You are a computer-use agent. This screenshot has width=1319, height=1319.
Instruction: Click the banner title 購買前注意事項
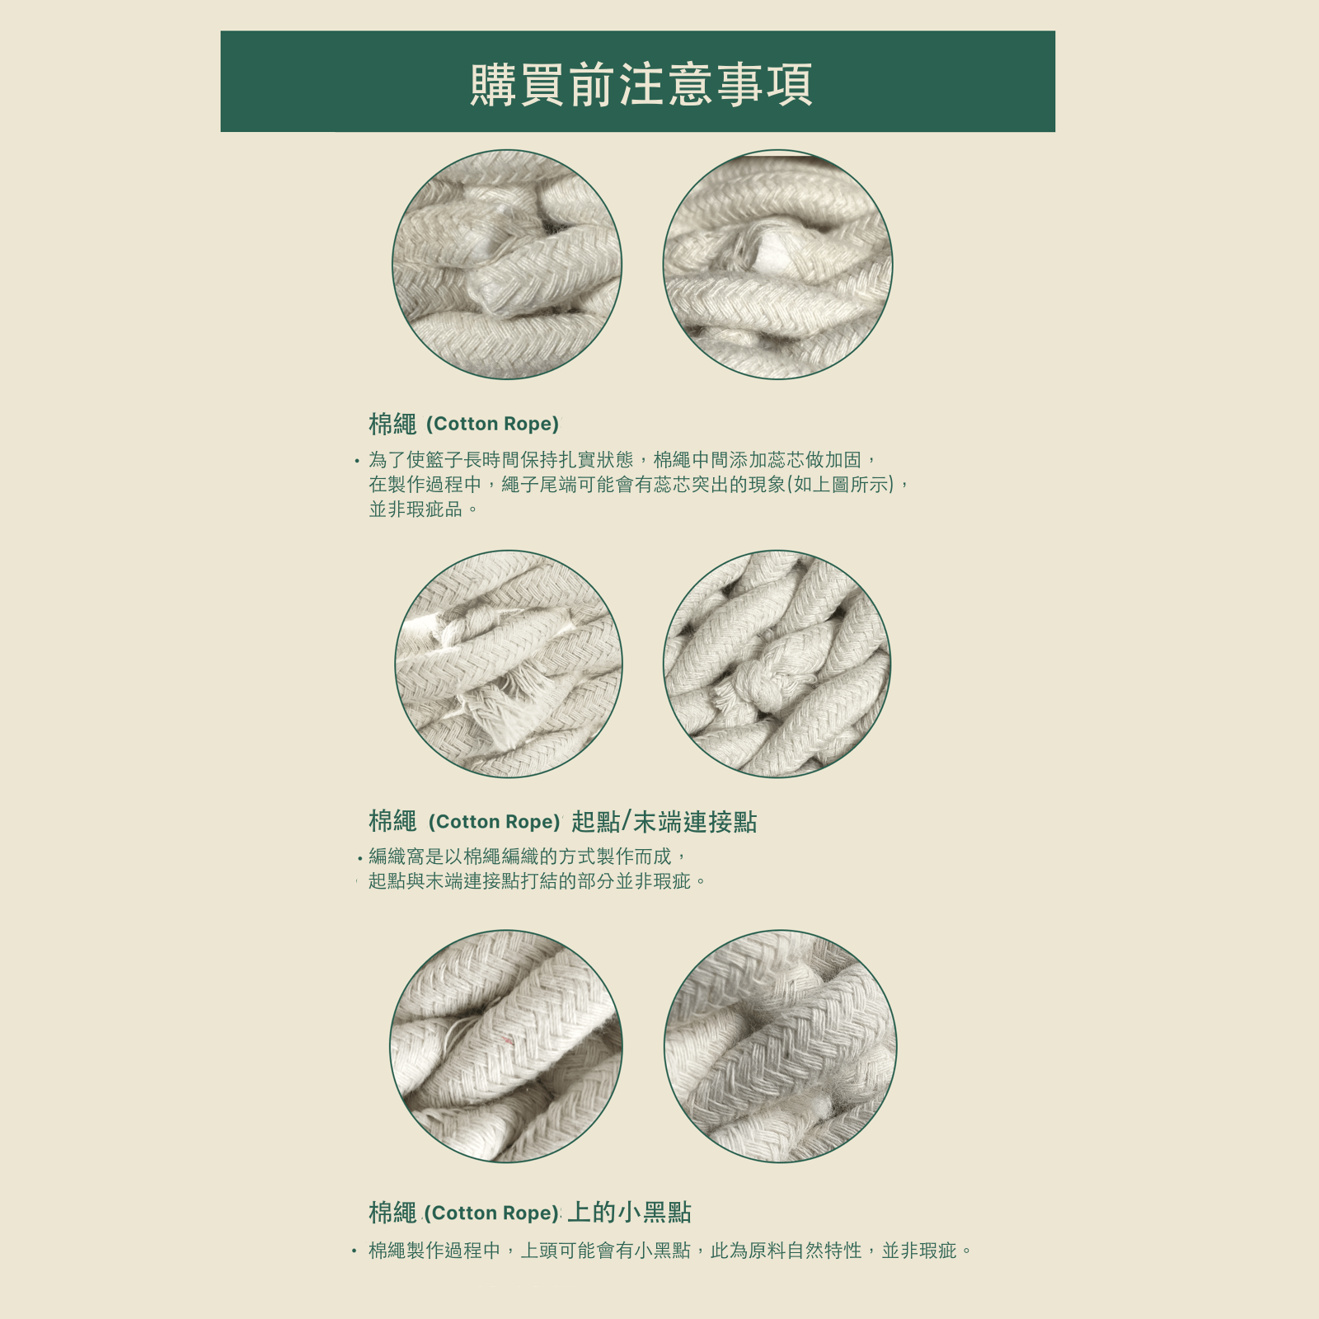point(641,84)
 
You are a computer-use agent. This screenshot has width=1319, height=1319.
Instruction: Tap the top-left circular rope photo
point(506,265)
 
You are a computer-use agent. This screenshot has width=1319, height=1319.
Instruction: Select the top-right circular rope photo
point(777,265)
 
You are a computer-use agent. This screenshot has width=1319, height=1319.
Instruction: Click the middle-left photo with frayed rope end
point(509,664)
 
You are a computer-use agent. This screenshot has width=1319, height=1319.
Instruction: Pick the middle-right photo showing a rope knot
point(777,664)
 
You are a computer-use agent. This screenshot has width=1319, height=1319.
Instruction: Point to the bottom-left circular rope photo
point(505,1046)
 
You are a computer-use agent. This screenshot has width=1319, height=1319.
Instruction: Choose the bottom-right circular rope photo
point(780,1046)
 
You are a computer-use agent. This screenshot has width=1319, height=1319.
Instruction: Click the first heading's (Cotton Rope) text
point(492,424)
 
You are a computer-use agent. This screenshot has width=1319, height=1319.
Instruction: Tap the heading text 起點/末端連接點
point(664,822)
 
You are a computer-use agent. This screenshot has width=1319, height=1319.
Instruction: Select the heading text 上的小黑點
point(629,1213)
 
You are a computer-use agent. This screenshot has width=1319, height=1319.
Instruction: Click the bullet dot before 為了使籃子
point(357,462)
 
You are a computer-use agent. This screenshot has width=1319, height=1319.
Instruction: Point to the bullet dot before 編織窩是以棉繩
point(360,859)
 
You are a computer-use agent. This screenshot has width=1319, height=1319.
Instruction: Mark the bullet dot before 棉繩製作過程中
point(354,1251)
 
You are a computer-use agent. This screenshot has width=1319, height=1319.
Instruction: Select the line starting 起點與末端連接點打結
point(537,881)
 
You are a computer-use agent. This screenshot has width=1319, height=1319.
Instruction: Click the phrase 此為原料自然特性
point(786,1251)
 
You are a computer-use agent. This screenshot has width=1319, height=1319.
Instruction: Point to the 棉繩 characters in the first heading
point(392,424)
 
